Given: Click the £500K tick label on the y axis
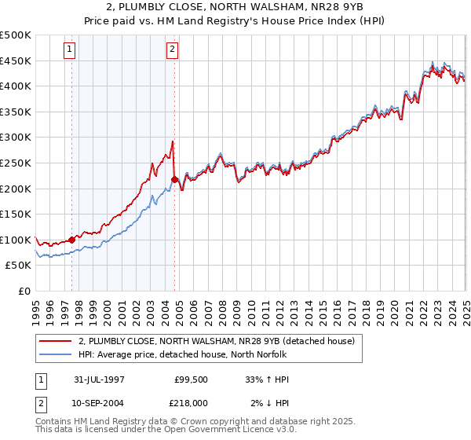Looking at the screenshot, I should tap(16, 35).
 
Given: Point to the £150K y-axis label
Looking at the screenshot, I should tap(16, 214).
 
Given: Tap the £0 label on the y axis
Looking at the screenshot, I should tap(24, 291).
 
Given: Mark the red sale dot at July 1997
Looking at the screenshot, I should tap(72, 240).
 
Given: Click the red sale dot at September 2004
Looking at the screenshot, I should tap(174, 179).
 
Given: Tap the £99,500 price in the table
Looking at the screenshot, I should tap(191, 379).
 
